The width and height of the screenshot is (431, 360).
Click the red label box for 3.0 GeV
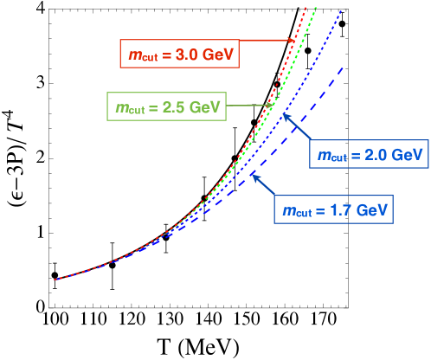click(x=179, y=55)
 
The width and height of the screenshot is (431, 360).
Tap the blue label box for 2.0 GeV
click(x=369, y=154)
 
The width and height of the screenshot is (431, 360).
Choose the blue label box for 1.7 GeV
click(x=334, y=209)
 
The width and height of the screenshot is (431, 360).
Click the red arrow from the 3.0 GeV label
click(x=267, y=40)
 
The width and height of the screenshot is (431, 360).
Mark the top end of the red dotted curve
click(x=306, y=9)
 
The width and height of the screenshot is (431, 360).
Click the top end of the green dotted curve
click(x=316, y=8)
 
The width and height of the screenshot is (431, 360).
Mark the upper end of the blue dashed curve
click(x=345, y=67)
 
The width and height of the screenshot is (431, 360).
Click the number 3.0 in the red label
click(x=186, y=55)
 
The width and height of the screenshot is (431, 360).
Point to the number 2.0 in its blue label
click(x=376, y=155)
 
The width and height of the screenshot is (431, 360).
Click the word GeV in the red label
click(x=217, y=55)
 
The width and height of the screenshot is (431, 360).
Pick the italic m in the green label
click(x=121, y=108)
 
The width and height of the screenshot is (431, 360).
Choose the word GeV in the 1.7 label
click(x=372, y=210)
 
